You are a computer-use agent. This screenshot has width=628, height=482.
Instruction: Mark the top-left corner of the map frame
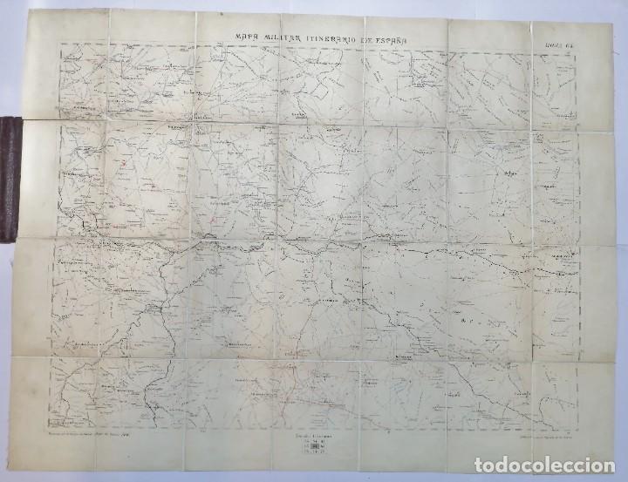tap(58, 44)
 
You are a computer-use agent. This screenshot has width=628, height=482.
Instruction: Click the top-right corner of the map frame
tap(581, 43)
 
